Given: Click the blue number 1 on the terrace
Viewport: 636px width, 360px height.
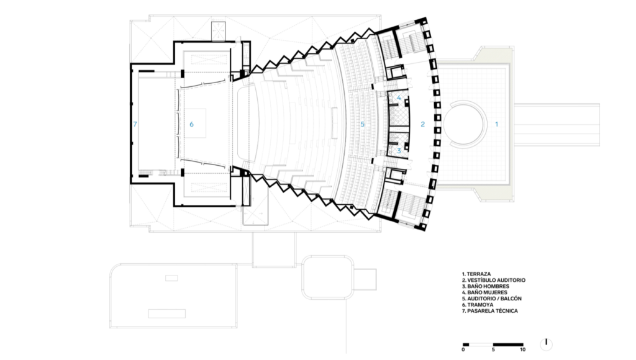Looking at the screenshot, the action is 496,124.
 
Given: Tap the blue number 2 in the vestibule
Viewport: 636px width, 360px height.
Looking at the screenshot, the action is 422,124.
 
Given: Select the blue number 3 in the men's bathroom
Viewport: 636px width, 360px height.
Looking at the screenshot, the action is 399,151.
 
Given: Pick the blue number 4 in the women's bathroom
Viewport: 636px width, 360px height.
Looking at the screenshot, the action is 399,97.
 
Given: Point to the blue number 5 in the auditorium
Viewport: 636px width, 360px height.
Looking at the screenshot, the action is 363,124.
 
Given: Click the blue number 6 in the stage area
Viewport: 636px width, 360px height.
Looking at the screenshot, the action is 191,124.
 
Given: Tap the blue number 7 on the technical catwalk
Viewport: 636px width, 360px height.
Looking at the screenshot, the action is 135,124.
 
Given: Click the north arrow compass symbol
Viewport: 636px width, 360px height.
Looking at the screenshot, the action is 547,344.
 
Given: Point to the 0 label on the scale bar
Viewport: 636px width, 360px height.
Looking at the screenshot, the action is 463,349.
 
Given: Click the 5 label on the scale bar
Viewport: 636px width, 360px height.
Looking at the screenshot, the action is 493,349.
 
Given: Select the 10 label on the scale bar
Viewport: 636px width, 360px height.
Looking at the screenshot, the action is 522,349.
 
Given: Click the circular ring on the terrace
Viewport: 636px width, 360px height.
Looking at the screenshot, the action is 465,102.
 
